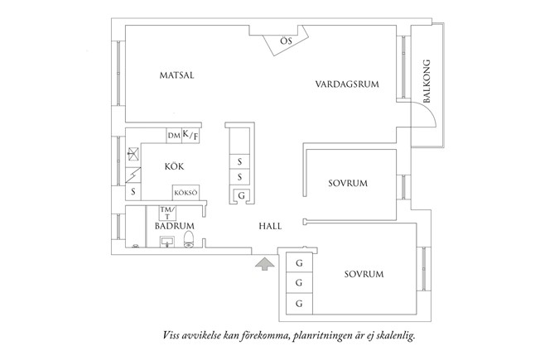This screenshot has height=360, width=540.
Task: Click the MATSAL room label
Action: click(x=176, y=75)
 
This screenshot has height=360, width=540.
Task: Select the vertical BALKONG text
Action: click(x=427, y=81)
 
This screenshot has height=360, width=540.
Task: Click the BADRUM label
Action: click(x=174, y=225)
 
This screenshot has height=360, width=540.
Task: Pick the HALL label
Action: click(x=270, y=225)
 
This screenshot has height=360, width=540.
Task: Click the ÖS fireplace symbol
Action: click(x=285, y=41)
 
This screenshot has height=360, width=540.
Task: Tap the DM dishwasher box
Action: click(x=173, y=136)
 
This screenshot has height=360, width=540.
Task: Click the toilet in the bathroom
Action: click(x=190, y=240)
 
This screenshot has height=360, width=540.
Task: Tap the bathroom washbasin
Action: click(x=165, y=242)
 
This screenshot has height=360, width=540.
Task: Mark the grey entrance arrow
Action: click(x=264, y=264)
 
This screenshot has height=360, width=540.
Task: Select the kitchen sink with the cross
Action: click(x=133, y=152)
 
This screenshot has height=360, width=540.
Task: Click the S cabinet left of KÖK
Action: click(x=133, y=192)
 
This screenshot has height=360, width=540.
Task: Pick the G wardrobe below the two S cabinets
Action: click(x=240, y=195)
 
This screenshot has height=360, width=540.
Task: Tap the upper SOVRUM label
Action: click(x=347, y=183)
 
